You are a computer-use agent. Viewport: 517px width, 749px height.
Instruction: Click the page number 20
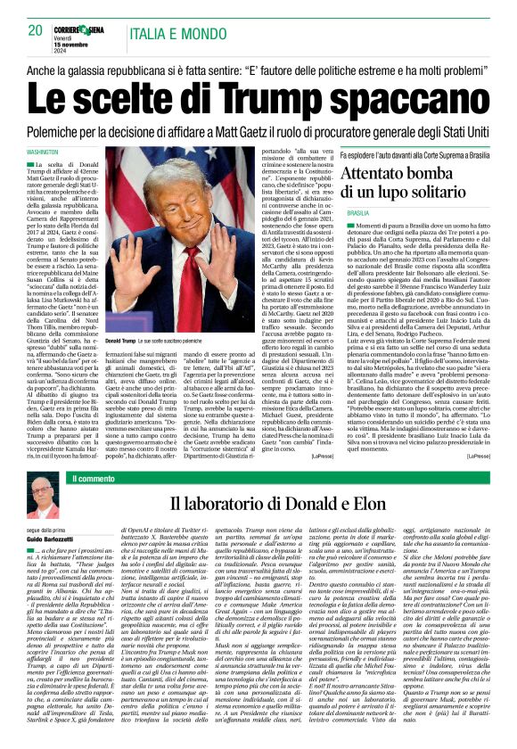coord(36,30)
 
